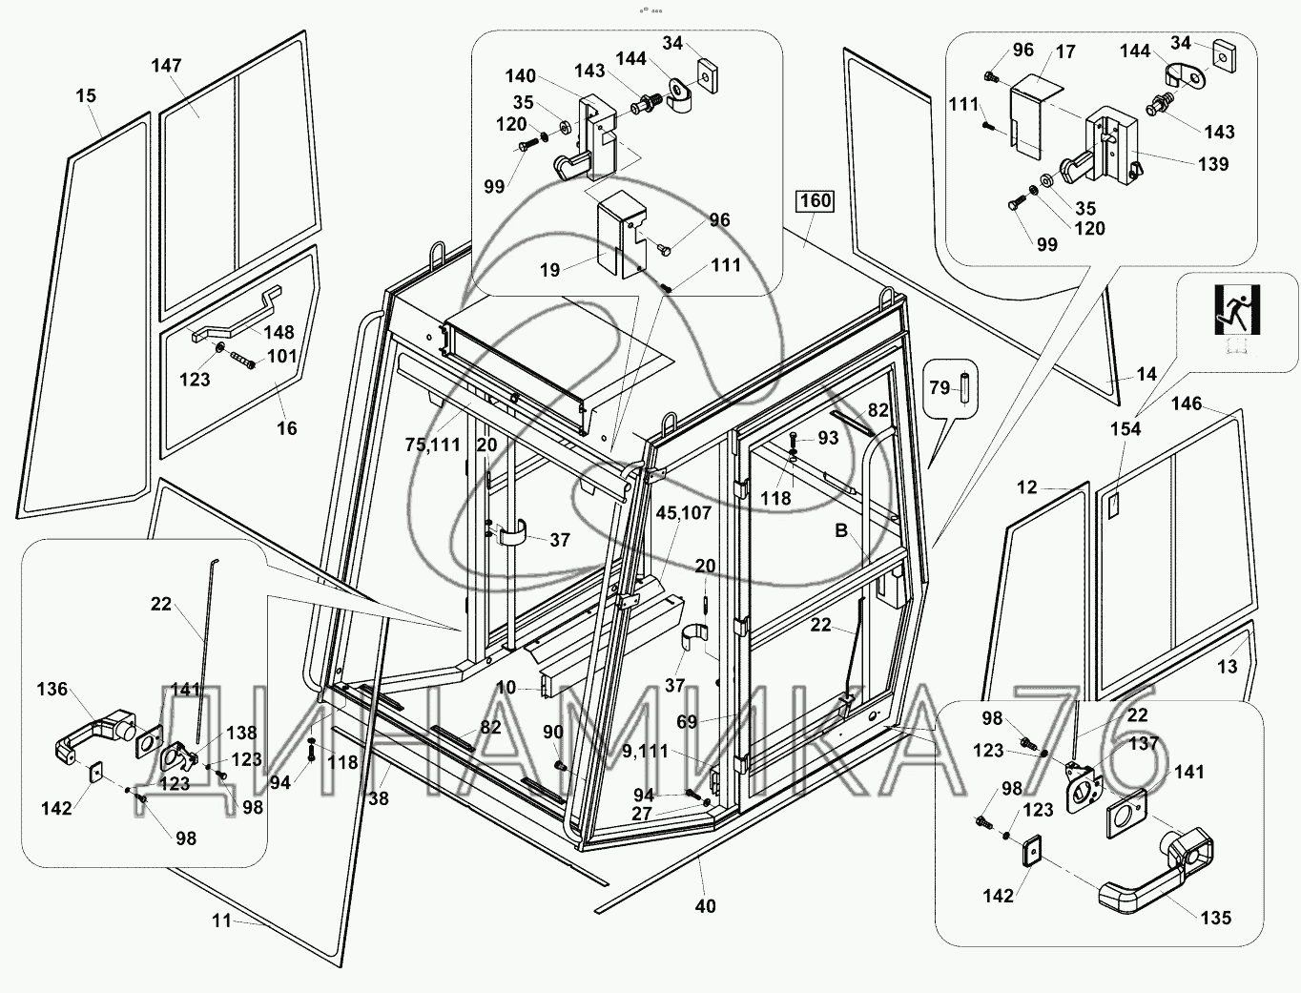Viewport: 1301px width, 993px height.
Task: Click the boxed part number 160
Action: [x=816, y=201]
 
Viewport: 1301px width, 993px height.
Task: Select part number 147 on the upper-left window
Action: [x=166, y=66]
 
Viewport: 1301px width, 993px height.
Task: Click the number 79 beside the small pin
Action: [x=940, y=387]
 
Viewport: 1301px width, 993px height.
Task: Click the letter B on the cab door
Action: [x=840, y=531]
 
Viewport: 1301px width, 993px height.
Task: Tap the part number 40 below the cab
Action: [x=705, y=906]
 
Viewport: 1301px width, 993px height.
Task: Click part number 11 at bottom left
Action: [x=221, y=921]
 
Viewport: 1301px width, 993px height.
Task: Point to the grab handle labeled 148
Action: [x=238, y=311]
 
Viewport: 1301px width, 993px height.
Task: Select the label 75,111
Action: [x=433, y=445]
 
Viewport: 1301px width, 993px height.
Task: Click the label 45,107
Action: [x=684, y=512]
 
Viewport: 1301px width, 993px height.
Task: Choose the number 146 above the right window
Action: [x=1187, y=403]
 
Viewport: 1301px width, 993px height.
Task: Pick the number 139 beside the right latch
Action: [x=1213, y=163]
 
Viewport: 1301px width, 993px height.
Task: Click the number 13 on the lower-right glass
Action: [x=1227, y=666]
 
